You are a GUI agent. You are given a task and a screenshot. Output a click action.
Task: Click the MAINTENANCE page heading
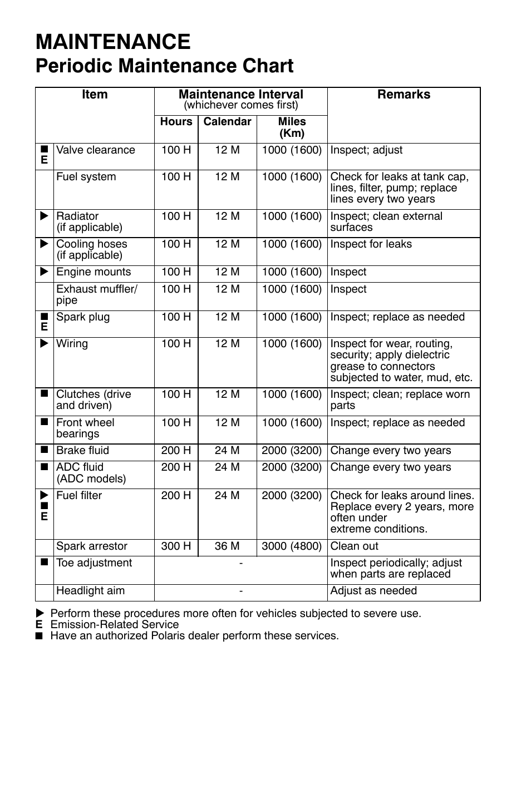tap(113, 42)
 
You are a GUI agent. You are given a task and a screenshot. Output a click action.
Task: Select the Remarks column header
tap(404, 95)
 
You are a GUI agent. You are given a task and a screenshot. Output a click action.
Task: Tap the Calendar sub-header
tap(227, 122)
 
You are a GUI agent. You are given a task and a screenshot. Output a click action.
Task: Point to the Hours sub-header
tap(176, 122)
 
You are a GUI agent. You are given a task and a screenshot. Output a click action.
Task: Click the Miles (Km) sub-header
tap(292, 127)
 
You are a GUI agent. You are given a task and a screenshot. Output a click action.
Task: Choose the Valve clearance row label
tap(95, 150)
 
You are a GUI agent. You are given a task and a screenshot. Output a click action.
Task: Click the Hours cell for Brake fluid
tap(176, 451)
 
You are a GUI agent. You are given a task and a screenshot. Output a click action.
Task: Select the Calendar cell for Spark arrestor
tap(227, 546)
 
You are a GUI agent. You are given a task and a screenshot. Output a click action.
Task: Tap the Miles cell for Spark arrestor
tap(292, 546)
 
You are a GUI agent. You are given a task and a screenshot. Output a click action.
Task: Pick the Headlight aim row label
tap(90, 591)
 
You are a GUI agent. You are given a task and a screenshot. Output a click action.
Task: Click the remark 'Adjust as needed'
tap(373, 591)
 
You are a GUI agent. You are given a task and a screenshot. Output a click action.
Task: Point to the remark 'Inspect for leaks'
tap(371, 244)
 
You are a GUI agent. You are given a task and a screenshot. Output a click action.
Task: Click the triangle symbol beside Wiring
tap(45, 344)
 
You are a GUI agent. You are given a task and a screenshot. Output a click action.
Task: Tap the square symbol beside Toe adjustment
tap(45, 563)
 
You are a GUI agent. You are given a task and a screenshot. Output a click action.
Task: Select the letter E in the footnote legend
tap(39, 625)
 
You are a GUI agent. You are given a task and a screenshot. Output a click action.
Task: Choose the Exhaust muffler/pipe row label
tap(96, 295)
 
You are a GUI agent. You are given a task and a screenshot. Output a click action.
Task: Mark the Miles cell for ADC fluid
tap(292, 467)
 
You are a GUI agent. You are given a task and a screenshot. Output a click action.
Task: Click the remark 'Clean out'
tap(354, 546)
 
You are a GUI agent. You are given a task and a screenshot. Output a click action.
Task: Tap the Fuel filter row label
tap(79, 496)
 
